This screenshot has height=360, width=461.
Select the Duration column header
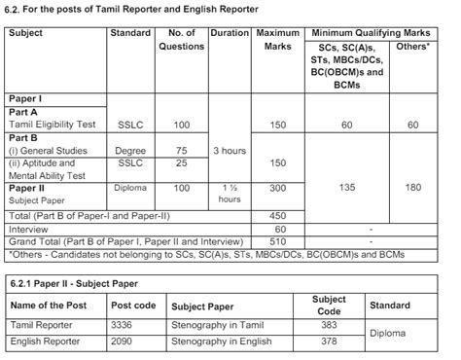point(230,33)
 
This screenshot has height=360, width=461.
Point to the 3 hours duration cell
point(230,151)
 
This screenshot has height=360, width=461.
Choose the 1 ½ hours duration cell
point(230,192)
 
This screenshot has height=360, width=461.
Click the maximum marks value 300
point(278,187)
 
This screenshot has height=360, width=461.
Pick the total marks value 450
point(278,215)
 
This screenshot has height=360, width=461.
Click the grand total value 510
point(278,240)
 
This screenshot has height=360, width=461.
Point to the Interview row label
point(28,228)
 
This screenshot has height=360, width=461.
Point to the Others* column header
point(414,46)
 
